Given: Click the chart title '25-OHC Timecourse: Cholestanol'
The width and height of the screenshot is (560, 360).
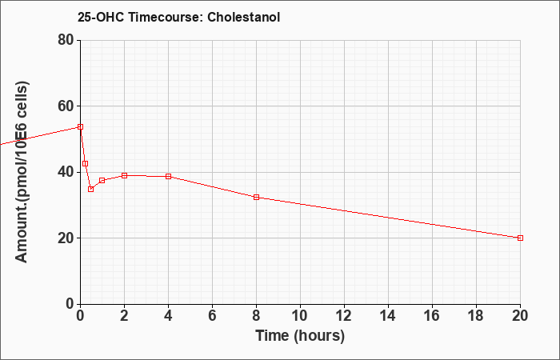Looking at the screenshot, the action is coord(178,17).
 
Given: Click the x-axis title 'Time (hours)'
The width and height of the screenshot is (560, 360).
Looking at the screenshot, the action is coord(300,336).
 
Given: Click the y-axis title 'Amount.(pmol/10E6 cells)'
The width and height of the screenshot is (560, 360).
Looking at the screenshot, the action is coord(22,172).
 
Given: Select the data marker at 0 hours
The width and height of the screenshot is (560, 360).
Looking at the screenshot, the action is coord(80,126).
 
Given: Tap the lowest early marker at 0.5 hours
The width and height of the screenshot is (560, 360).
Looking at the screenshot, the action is coord(90,190).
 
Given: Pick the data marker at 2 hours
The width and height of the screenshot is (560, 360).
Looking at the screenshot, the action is coord(124,175).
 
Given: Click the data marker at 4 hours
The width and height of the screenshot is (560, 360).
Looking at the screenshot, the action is coord(168,177).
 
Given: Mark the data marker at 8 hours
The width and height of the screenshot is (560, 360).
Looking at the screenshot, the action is coord(256,197).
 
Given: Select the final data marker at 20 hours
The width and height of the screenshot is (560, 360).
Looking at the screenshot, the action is coord(520,238).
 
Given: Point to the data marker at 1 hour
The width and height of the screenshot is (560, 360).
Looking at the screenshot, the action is coord(102,180).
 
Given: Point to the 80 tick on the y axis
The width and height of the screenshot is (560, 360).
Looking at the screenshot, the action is coord(66,40).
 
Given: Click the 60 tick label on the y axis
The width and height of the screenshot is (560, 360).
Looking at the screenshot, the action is coord(66,106).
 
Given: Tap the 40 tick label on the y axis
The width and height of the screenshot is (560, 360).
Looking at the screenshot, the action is coord(66,172).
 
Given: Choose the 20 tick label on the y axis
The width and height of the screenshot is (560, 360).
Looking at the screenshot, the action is coord(66,238).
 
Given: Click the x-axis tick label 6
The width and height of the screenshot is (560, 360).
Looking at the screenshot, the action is coord(212,316).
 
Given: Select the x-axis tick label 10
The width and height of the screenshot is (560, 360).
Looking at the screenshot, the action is coord(300,316).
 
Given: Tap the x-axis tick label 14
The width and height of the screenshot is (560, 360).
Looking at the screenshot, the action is coord(388,316).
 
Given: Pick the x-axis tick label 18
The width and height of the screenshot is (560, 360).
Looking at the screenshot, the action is coord(476,316).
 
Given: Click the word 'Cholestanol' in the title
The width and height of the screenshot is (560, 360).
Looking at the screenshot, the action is coord(243,17).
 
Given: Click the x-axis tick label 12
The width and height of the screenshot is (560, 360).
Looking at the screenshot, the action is coord(344,316).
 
